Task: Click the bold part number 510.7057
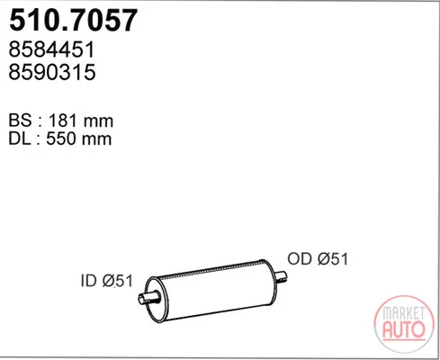(x=73, y=20)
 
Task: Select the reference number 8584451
(x=51, y=49)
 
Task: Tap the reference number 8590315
(x=52, y=72)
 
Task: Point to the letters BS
(x=20, y=121)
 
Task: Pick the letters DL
(x=20, y=139)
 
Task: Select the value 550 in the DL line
(x=61, y=139)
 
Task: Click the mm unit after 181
(x=98, y=121)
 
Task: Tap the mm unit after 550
(x=97, y=139)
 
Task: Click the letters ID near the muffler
(x=89, y=281)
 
